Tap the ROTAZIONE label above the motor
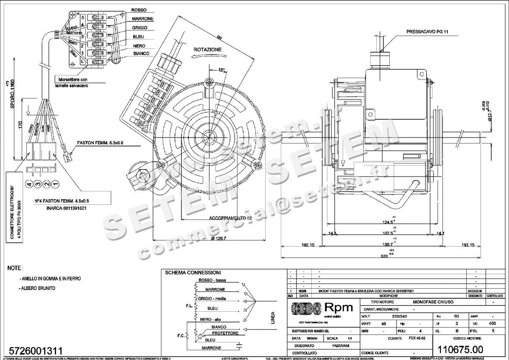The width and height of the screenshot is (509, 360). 207,50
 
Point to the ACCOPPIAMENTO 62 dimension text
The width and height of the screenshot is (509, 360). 231,218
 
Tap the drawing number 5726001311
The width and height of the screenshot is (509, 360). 35,351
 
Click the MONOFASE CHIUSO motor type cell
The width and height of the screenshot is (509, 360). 433,301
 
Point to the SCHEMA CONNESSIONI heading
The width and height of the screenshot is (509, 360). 193,273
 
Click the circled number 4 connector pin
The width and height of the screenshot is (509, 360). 29,185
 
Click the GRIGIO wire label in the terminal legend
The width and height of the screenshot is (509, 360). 140,28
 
